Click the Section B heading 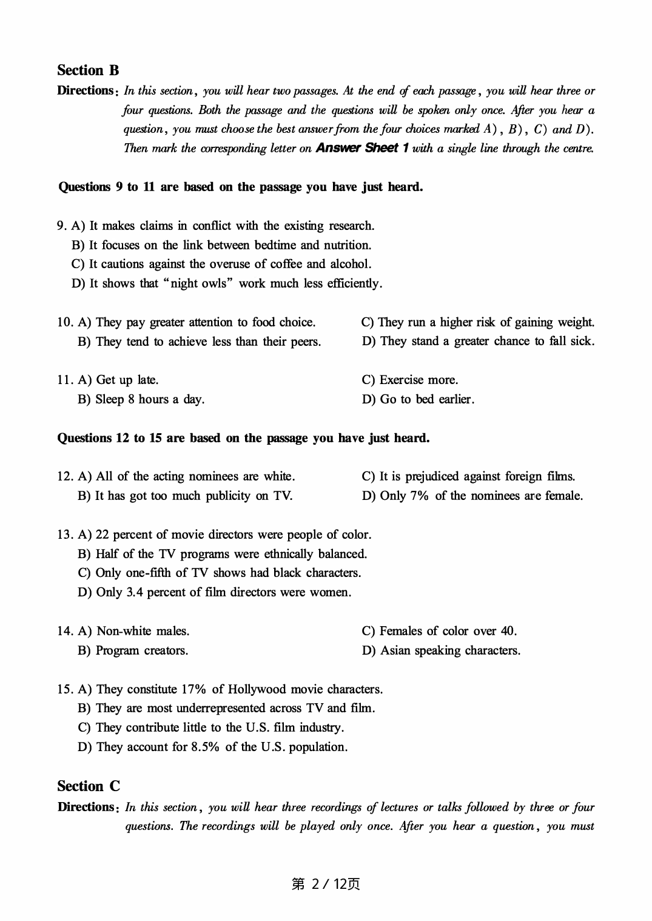(x=88, y=70)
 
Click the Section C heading (x=89, y=786)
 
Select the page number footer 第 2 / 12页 (x=326, y=884)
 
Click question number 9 (x=61, y=226)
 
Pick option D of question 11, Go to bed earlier (x=418, y=399)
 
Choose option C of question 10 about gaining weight (x=477, y=322)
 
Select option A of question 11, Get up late (x=119, y=380)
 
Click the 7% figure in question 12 (x=419, y=496)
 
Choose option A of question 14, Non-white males (x=134, y=631)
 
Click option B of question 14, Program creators (x=133, y=650)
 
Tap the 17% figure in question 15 (x=193, y=689)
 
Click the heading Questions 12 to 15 (x=243, y=438)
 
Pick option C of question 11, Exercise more (x=410, y=380)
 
